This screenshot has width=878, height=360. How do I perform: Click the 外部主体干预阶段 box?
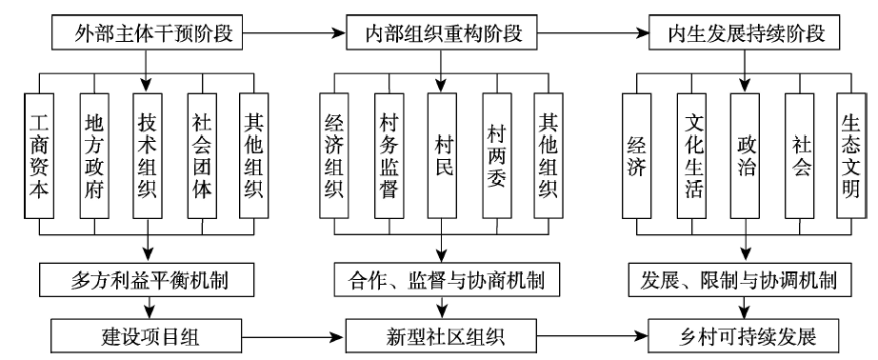[147, 34]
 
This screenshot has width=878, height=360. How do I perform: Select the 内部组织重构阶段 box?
[441, 34]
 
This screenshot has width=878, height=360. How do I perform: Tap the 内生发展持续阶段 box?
[744, 34]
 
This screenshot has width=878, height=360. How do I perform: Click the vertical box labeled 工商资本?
[39, 155]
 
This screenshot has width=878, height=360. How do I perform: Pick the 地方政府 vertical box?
[94, 155]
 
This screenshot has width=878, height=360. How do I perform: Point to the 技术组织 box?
[148, 155]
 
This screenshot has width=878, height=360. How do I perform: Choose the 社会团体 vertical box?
[202, 155]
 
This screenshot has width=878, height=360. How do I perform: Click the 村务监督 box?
[389, 155]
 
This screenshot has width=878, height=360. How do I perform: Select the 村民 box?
[443, 155]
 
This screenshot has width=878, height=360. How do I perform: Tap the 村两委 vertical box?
[497, 155]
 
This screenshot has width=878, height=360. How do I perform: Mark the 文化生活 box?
[691, 155]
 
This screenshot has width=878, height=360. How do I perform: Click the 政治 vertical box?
[745, 155]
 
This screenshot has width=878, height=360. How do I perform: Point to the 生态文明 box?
[851, 155]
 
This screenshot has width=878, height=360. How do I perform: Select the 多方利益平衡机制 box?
[150, 279]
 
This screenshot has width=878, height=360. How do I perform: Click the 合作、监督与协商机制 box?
[447, 279]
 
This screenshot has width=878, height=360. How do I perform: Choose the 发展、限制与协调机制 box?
[746, 279]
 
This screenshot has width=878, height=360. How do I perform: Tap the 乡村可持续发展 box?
[744, 336]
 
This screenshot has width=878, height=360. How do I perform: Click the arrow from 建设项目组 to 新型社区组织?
[294, 336]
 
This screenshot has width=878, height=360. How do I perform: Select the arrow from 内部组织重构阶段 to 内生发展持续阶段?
[592, 34]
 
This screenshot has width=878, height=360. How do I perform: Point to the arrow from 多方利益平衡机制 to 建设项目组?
[150, 308]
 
